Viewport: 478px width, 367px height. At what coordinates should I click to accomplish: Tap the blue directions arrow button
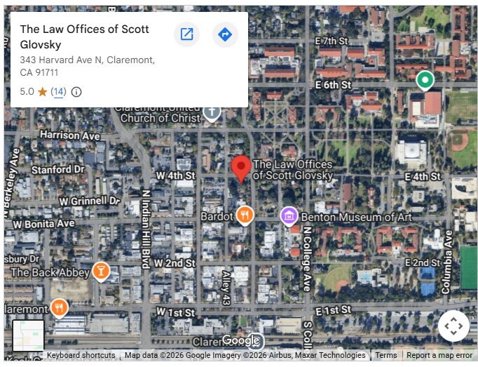[x=225, y=34]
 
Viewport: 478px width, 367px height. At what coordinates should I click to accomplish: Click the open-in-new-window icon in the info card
[x=187, y=34]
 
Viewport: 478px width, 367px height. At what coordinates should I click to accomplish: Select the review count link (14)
[x=58, y=92]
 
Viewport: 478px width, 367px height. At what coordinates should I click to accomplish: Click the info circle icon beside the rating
[x=77, y=92]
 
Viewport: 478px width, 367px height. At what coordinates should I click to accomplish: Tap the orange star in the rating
[x=43, y=92]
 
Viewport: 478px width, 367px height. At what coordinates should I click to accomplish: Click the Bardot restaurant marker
[x=245, y=215]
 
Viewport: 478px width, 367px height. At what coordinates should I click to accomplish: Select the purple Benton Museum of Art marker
[x=289, y=216]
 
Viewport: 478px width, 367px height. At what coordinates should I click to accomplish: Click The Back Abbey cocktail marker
[x=101, y=272]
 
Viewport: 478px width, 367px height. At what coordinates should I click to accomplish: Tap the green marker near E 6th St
[x=424, y=81]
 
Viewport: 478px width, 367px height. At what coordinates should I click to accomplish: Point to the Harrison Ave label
[x=70, y=135]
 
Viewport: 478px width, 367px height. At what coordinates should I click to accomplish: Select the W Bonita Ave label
[x=43, y=224]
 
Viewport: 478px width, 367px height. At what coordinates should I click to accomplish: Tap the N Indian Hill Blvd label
[x=146, y=229]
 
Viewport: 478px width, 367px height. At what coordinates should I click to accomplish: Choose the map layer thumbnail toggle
[x=29, y=336]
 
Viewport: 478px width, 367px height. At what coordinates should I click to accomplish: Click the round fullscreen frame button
[x=453, y=326]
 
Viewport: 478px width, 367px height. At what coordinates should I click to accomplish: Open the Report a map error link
[x=439, y=356]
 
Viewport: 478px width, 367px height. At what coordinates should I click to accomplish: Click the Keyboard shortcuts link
[x=81, y=356]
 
